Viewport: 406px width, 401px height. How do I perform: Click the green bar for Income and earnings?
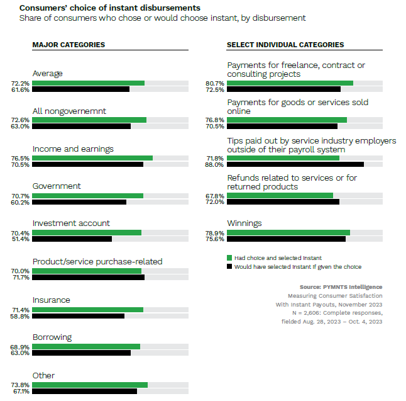(x=92, y=158)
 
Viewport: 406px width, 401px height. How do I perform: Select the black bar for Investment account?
(x=72, y=239)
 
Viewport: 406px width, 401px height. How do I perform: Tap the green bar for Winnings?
(x=288, y=232)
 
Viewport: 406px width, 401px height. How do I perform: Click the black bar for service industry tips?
(x=295, y=164)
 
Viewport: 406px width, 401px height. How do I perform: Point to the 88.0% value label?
(x=214, y=165)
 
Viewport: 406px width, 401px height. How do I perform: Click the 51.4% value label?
(x=20, y=239)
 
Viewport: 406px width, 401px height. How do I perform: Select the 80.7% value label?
(x=214, y=83)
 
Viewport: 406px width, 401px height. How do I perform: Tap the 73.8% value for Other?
(x=20, y=385)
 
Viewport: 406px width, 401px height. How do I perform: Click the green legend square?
(x=229, y=257)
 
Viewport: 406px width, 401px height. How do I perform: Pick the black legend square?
(x=229, y=266)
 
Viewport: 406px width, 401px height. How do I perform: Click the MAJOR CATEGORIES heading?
(x=69, y=45)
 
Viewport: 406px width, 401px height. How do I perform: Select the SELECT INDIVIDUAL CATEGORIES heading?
(x=285, y=45)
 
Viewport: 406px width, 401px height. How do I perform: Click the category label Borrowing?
(x=52, y=337)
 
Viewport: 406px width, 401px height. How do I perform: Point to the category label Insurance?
(x=51, y=300)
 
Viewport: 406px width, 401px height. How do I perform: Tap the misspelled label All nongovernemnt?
(x=69, y=111)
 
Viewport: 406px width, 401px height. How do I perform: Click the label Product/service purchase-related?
(x=97, y=261)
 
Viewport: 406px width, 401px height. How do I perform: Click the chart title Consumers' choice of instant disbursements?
(x=110, y=8)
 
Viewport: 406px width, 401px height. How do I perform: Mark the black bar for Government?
(x=79, y=202)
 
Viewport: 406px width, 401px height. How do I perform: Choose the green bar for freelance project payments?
(x=290, y=83)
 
